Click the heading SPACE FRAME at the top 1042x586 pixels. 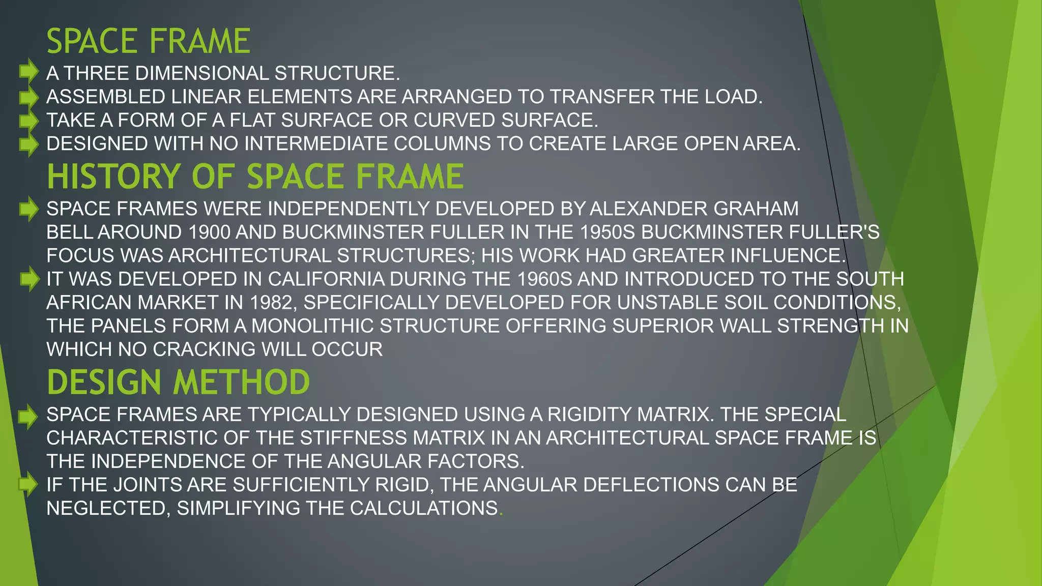(x=148, y=41)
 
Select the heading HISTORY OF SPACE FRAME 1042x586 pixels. (x=255, y=177)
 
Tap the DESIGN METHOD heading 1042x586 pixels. (x=178, y=382)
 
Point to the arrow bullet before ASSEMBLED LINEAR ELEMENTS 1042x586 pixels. (x=28, y=96)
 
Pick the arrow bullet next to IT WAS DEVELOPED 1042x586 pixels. (x=30, y=279)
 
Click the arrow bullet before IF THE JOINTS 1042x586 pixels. (x=28, y=484)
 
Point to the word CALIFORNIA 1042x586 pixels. (x=326, y=279)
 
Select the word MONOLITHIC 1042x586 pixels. (x=312, y=326)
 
